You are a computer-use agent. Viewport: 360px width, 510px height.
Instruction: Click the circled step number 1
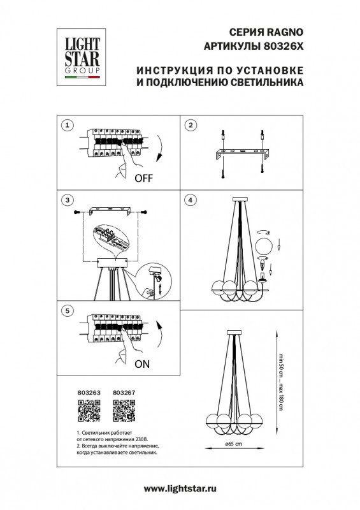point(69,125)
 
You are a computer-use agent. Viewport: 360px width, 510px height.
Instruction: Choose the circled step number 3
point(69,201)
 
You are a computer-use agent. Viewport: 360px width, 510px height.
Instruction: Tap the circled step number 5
point(69,310)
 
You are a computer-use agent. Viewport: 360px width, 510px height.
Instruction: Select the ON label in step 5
point(143,365)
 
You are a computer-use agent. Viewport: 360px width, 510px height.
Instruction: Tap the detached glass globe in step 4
point(264,245)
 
